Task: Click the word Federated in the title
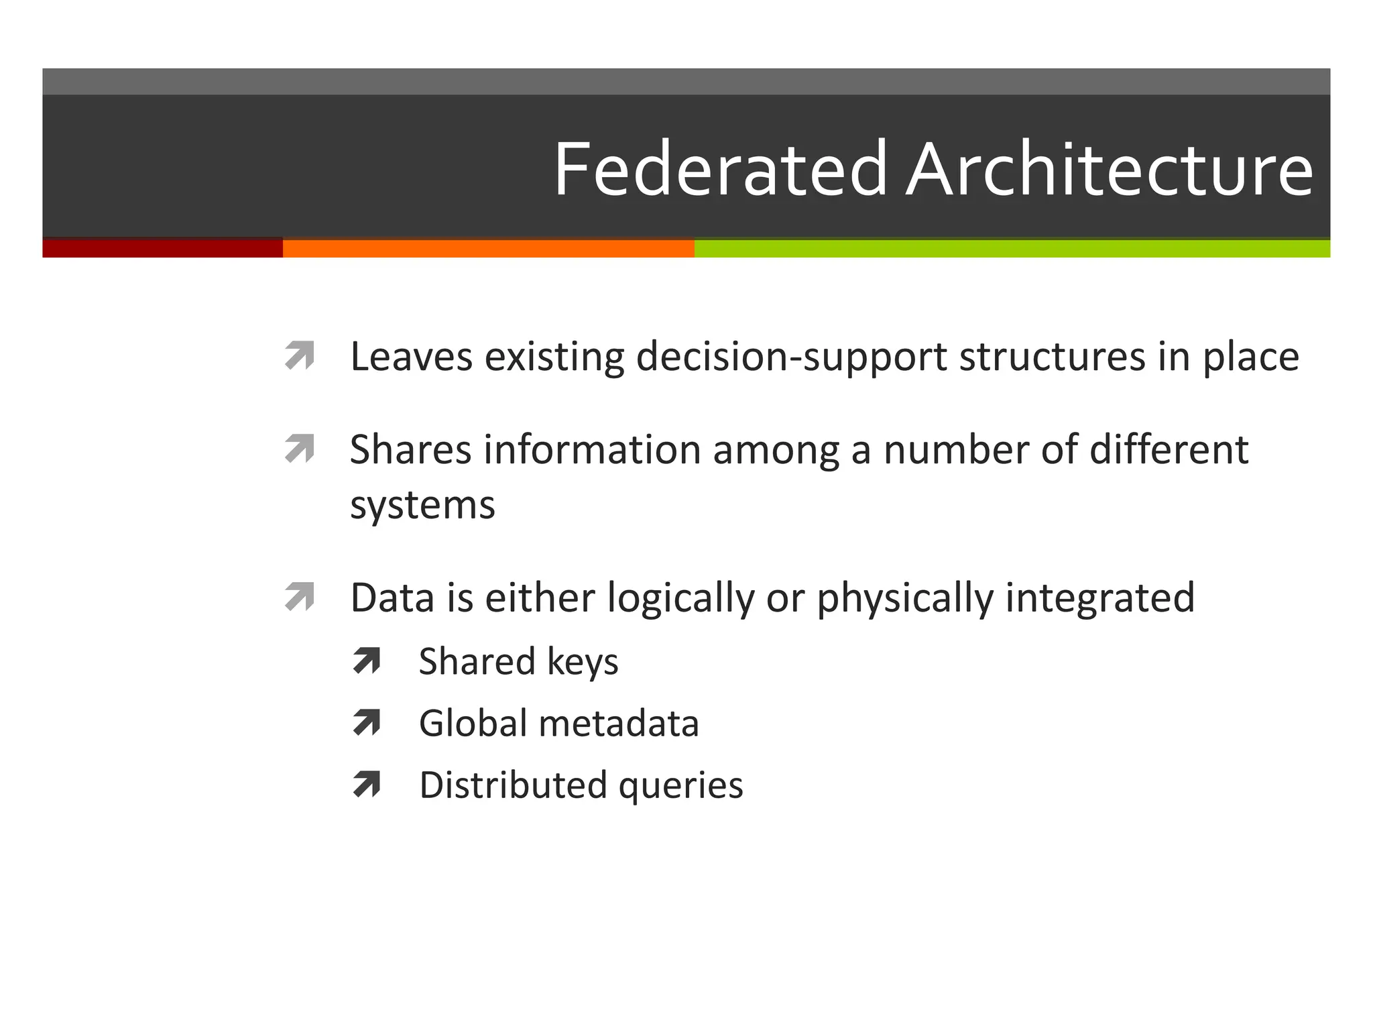point(721,169)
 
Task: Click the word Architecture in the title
point(1109,169)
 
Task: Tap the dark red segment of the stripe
point(162,248)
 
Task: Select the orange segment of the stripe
point(488,248)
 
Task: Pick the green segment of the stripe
point(1011,248)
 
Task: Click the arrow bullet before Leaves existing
point(299,355)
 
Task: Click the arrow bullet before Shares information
point(299,449)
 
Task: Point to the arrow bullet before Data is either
point(299,597)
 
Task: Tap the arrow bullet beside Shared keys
point(367,661)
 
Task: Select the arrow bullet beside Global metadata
point(367,723)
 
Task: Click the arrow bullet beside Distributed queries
point(367,785)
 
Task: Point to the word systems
point(422,506)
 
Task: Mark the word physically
point(905,598)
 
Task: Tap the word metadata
point(619,724)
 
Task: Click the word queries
point(680,786)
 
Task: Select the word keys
point(582,663)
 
